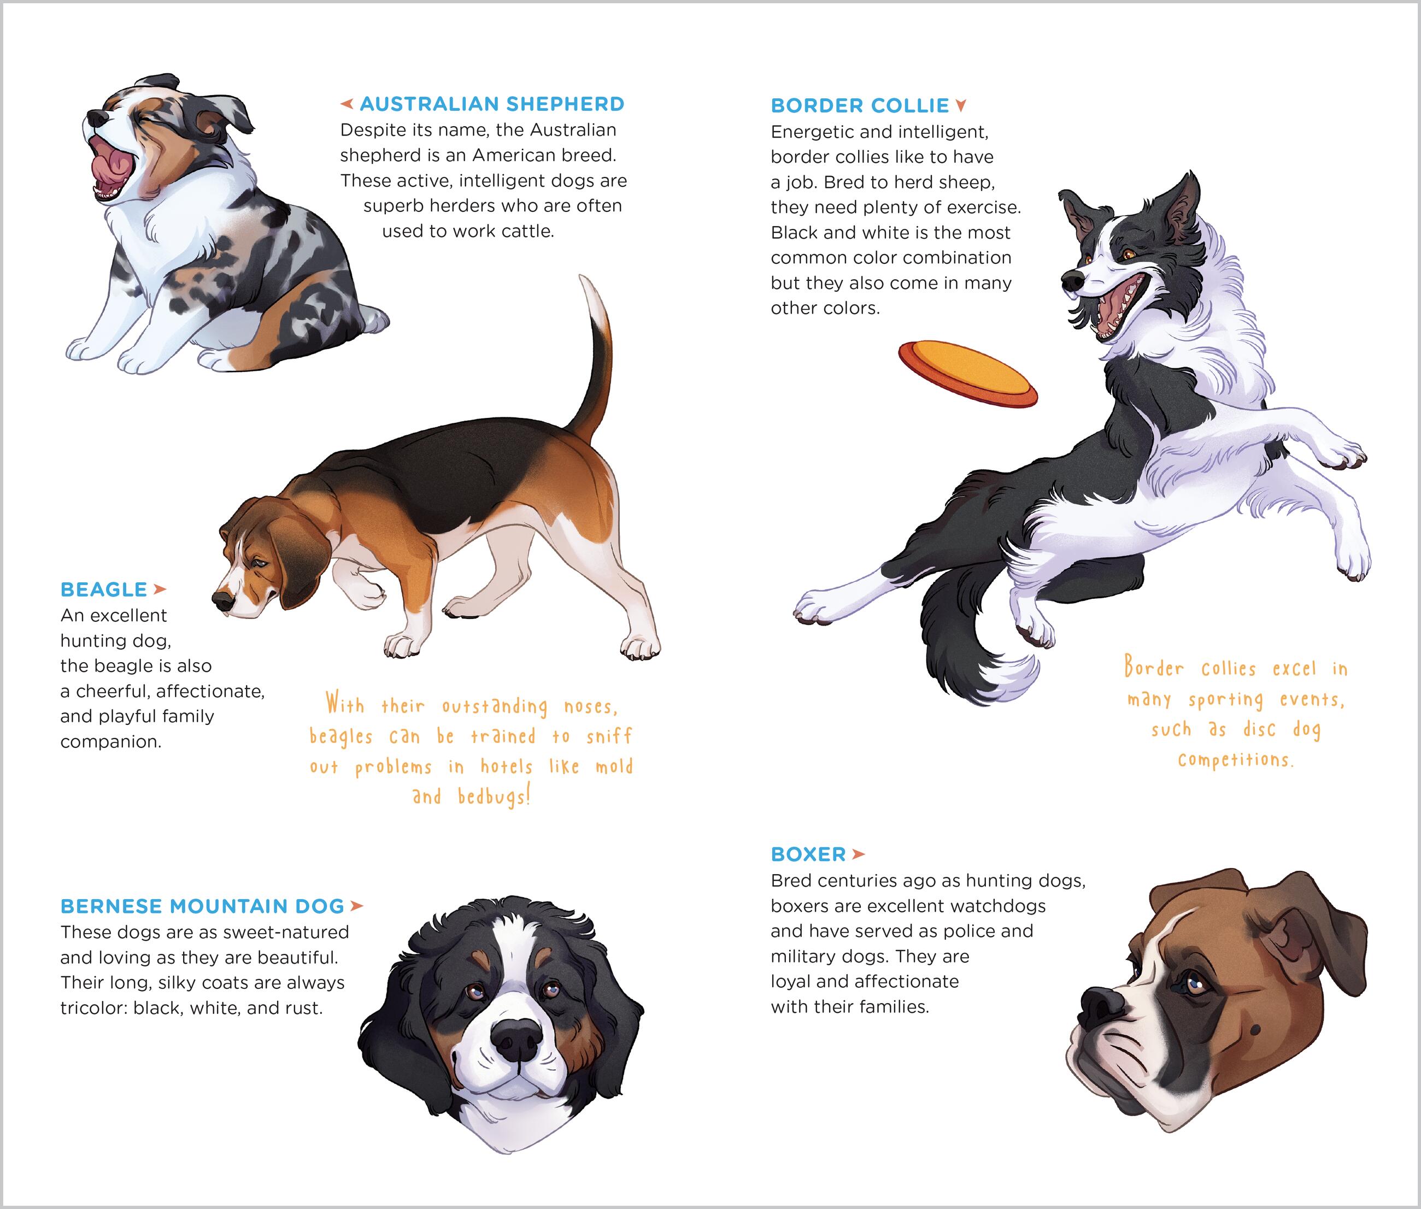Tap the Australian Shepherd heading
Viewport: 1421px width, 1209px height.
[492, 104]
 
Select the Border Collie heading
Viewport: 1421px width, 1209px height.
[860, 105]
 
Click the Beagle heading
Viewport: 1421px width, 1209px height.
[103, 589]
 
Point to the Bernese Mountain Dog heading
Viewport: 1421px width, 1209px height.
[202, 906]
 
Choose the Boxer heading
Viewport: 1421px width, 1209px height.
[808, 854]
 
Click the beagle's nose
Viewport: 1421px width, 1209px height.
[224, 600]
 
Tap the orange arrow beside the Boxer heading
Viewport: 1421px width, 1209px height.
[858, 854]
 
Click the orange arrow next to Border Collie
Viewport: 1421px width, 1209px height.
[961, 105]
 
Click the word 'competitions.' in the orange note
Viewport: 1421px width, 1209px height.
[1236, 760]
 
